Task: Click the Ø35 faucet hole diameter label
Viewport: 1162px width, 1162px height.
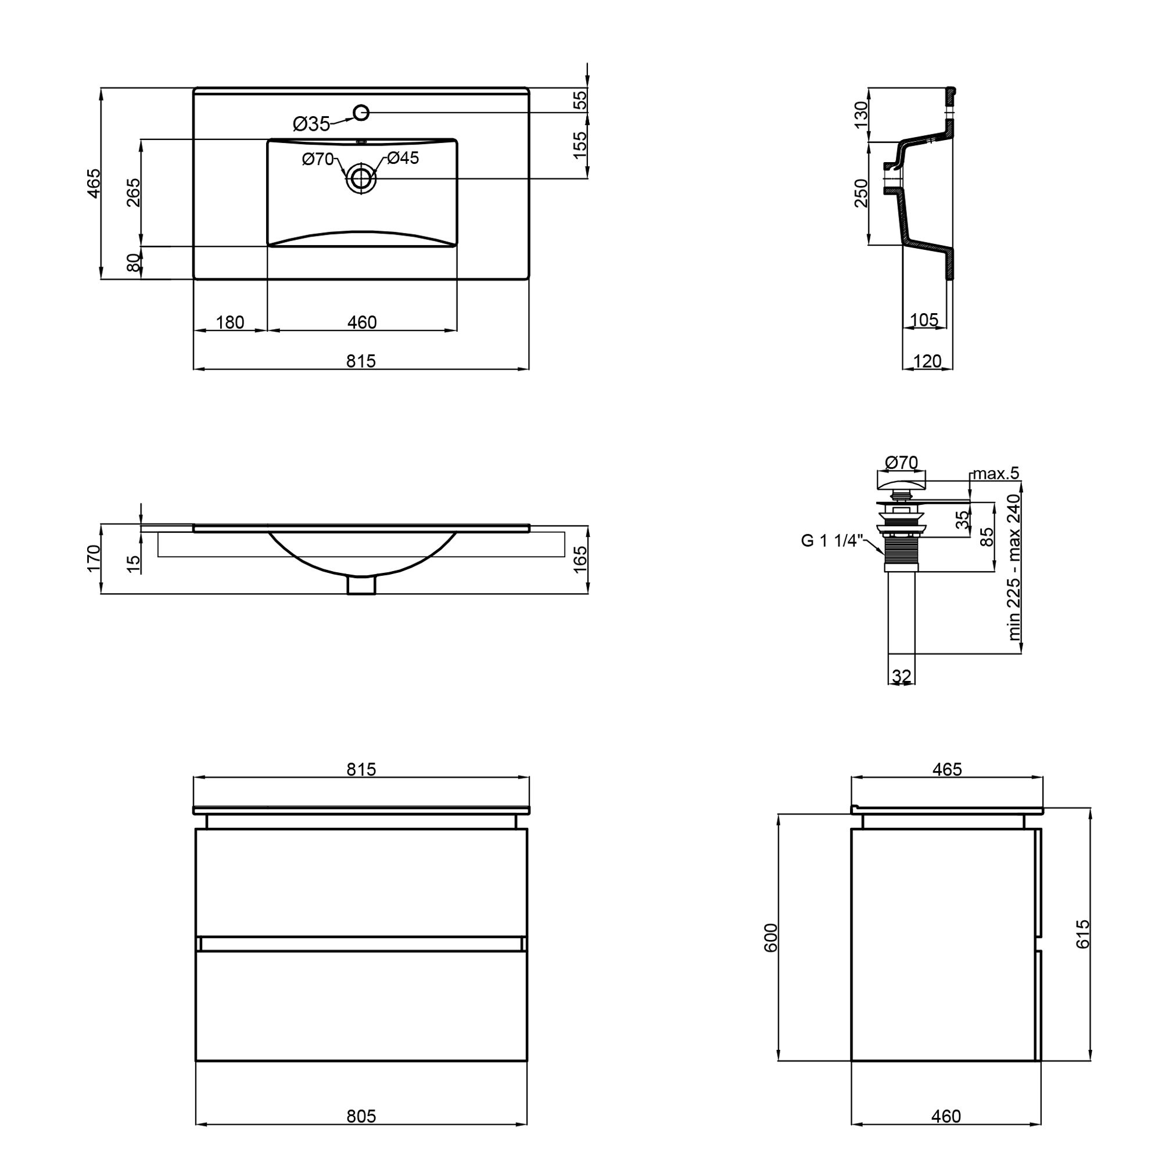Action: (x=311, y=124)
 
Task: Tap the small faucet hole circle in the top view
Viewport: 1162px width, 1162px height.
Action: (x=361, y=112)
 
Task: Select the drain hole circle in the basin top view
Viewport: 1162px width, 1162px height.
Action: (x=361, y=178)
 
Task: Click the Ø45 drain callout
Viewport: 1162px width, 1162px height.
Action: (x=403, y=157)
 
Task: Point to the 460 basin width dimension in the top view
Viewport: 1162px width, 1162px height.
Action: (x=362, y=322)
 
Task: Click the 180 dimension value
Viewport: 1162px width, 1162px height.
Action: (x=229, y=322)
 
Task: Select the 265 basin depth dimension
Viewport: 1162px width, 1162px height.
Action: (x=133, y=192)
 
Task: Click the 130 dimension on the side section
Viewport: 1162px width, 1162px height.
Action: (x=861, y=114)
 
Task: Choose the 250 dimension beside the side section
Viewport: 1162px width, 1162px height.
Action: (x=861, y=193)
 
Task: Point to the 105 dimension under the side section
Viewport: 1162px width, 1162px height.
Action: (x=924, y=320)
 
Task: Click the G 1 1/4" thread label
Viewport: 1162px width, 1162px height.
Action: (x=833, y=541)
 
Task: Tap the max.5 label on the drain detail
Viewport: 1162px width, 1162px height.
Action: (x=996, y=474)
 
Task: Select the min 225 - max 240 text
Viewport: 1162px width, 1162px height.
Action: (x=1014, y=566)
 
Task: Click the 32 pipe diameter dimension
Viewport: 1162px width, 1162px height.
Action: (x=902, y=676)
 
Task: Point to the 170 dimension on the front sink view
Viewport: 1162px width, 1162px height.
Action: (x=93, y=558)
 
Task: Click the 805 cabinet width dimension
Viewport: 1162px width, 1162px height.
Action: (x=361, y=1116)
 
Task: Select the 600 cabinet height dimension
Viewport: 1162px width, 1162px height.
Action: (x=770, y=937)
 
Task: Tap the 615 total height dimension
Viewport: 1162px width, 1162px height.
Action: (x=1082, y=934)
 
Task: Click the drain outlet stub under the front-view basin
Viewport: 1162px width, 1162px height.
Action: (x=361, y=584)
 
